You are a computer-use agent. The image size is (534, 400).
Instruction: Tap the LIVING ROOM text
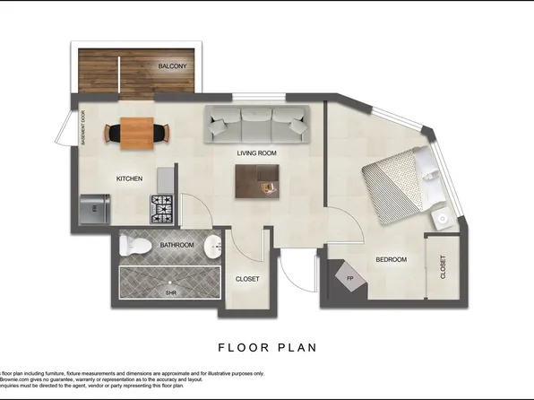coord(256,153)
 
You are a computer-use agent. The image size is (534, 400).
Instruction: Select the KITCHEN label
coord(129,178)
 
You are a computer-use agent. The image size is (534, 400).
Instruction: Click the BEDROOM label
coord(391,260)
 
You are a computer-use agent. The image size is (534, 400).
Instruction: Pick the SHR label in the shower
coord(170,292)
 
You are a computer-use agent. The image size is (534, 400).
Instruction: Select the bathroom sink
coord(211,245)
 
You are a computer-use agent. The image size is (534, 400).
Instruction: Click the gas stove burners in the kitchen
coord(161,208)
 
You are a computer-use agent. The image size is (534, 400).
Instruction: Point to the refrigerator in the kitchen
coord(93,209)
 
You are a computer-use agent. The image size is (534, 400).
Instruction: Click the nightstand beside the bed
coord(441,219)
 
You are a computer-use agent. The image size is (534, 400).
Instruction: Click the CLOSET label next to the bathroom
coord(247,279)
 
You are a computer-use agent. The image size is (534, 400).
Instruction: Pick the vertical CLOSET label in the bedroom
coord(443,266)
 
